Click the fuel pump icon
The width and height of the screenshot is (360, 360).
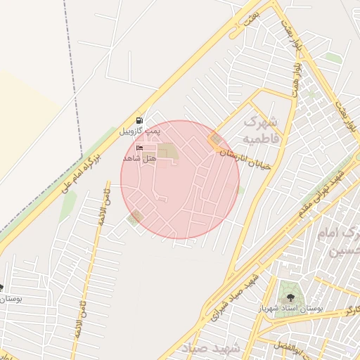[139, 120]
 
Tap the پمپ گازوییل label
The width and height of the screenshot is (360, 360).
[139, 131]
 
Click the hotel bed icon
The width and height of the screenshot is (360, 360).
[139, 148]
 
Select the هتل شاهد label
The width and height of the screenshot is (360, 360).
[139, 159]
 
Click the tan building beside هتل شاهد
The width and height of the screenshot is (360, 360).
[167, 151]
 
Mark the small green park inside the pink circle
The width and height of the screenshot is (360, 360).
[136, 217]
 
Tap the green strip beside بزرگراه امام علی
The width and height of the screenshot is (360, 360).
[68, 205]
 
